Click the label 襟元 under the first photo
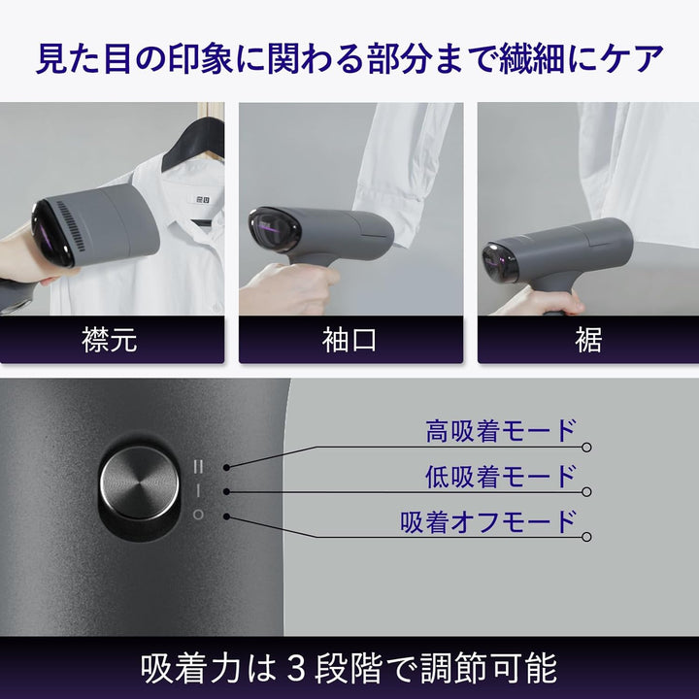coord(112,340)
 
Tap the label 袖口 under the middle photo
coord(349,340)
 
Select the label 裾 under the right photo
coord(587,340)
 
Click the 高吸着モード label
coord(501,431)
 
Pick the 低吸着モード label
coord(501,476)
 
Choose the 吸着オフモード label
coord(488,520)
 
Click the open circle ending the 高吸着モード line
coord(586,448)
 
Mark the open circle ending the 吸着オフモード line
coord(586,537)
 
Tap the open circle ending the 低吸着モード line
coord(586,492)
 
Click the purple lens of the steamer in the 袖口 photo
coord(275,231)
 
